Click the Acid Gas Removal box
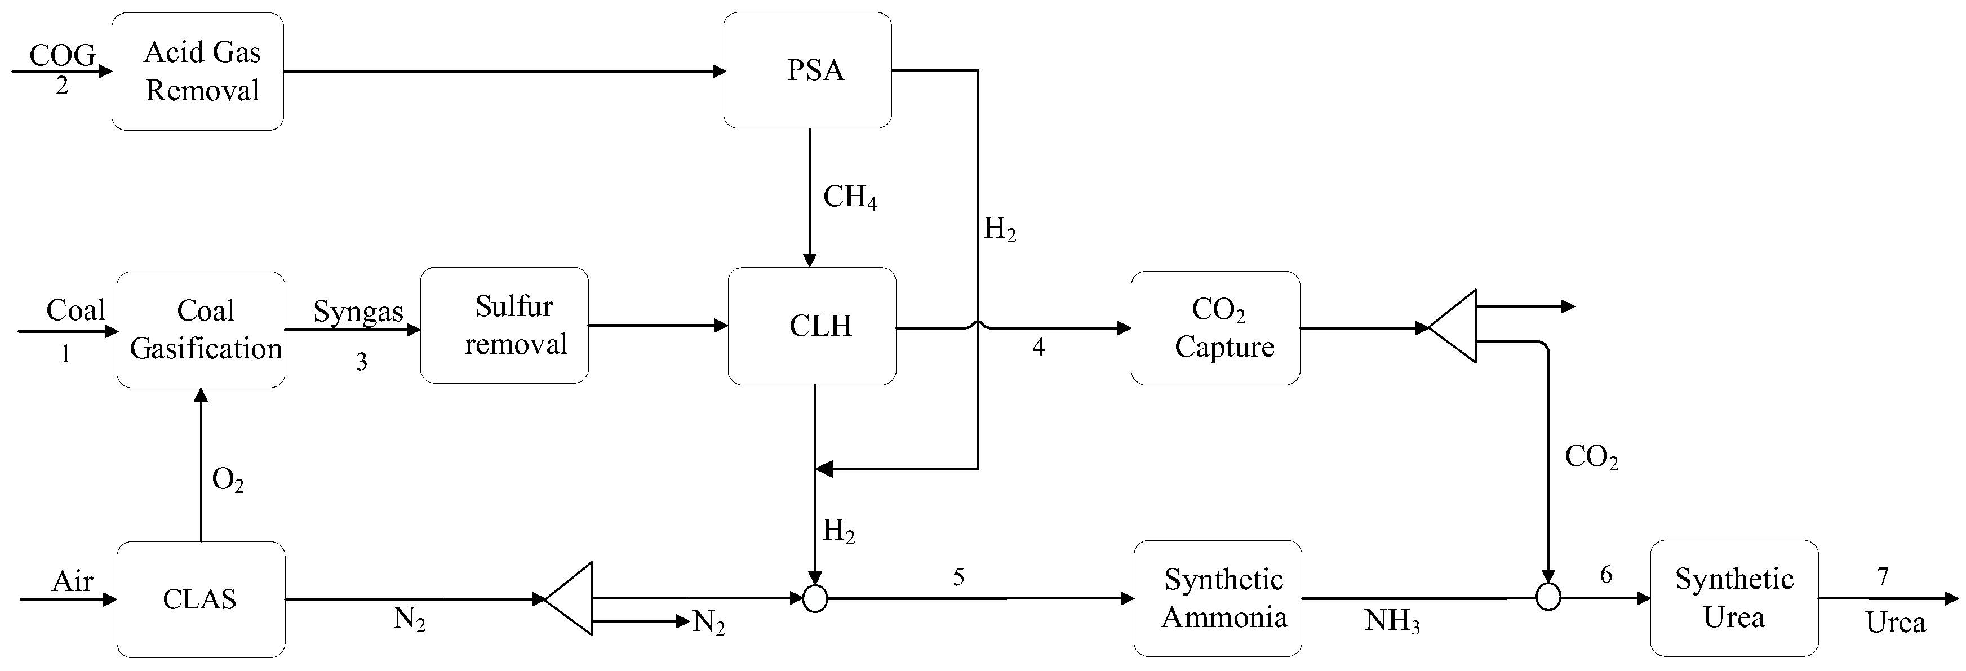coord(198,71)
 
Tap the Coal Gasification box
coord(201,330)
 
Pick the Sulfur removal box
coord(504,325)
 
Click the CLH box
coord(812,326)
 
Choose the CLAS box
coord(201,599)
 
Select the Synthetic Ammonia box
coord(1217,598)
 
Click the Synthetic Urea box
coord(1734,598)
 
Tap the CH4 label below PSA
coord(849,198)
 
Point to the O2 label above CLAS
coord(228,480)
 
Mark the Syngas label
coord(358,312)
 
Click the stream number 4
coord(1038,348)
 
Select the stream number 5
coord(958,577)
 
